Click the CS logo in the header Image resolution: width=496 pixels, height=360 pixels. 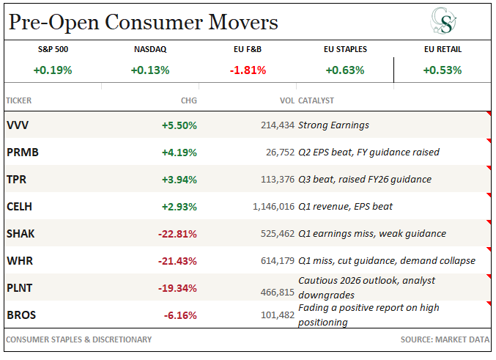(x=443, y=21)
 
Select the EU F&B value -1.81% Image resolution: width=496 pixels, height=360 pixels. (x=248, y=70)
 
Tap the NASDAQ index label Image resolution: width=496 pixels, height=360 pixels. (x=150, y=49)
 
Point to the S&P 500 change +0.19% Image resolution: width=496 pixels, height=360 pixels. (x=53, y=70)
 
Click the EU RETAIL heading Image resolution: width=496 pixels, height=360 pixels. (x=443, y=49)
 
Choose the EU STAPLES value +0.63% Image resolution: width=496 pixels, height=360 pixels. (x=345, y=70)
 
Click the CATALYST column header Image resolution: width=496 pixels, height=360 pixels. (x=316, y=100)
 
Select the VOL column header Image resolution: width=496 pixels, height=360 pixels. (x=287, y=100)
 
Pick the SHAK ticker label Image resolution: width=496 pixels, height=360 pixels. (x=21, y=234)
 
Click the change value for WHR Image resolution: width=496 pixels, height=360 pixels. (x=177, y=261)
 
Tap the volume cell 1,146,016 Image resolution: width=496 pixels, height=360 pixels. (x=273, y=207)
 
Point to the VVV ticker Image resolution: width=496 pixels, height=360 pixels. (x=18, y=125)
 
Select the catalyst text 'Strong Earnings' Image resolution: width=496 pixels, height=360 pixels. (x=333, y=125)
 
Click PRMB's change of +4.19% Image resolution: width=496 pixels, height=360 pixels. (x=179, y=153)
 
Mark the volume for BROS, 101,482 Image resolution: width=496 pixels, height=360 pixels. (x=278, y=315)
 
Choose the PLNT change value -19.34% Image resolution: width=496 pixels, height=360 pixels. (x=177, y=288)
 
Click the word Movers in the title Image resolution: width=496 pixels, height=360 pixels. (x=243, y=22)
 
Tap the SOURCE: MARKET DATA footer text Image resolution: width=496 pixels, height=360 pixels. (x=445, y=339)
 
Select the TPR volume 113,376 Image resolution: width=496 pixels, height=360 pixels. (x=278, y=180)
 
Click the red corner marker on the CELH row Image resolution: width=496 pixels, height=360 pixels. (x=489, y=195)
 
